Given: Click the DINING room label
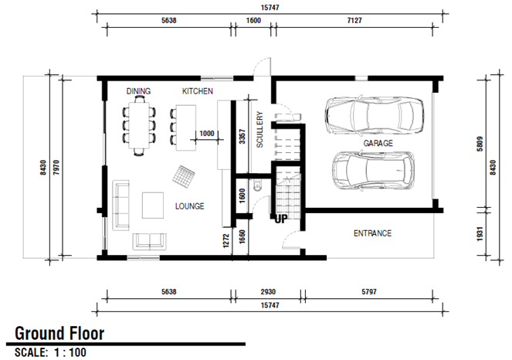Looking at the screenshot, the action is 138,91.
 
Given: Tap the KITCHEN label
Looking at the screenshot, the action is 198,91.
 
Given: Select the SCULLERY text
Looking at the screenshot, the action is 260,130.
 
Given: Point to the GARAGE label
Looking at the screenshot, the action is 378,143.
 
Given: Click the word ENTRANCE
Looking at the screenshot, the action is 372,233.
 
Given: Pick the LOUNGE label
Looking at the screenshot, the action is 190,206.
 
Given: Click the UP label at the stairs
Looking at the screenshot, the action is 281,219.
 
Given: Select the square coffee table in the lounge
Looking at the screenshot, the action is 153,205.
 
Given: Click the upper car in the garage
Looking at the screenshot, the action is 375,115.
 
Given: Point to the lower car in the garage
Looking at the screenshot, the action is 374,171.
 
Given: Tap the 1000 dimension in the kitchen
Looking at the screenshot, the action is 207,134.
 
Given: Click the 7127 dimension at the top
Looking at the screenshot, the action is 354,21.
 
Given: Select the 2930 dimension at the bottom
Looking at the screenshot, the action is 268,292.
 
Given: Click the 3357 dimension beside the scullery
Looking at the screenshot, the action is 242,137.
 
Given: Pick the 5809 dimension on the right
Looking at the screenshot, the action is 480,144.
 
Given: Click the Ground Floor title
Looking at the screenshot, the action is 59,334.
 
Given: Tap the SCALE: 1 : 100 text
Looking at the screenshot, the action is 51,352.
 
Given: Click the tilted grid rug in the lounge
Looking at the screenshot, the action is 184,176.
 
